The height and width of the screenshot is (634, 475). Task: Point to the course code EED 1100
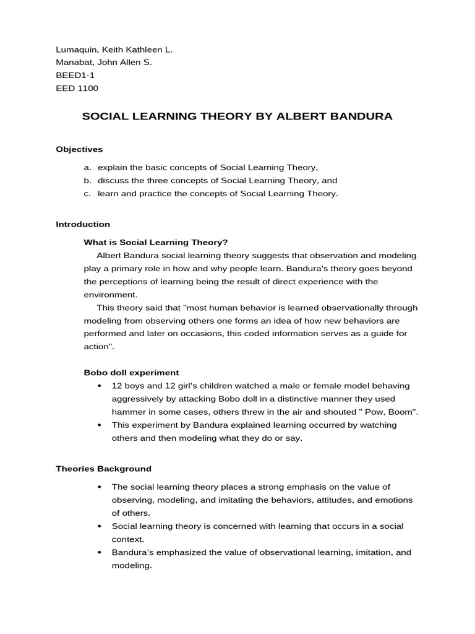coord(77,88)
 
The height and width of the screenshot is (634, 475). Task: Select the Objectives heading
coord(79,149)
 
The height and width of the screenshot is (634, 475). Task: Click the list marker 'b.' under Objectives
coord(88,180)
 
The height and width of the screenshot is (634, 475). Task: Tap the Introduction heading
coord(83,224)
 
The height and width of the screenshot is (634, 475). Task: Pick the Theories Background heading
coord(103,469)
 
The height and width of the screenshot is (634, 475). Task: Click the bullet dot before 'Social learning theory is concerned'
coord(100,526)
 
